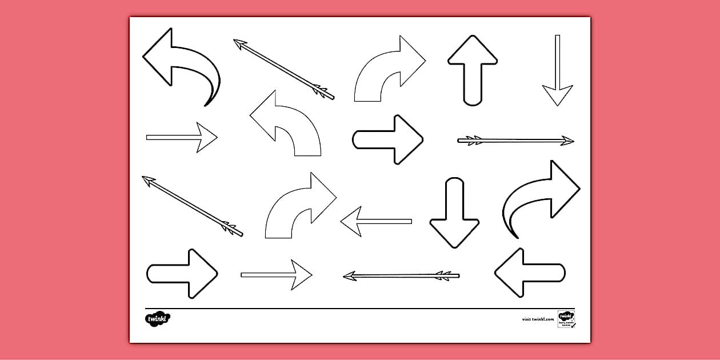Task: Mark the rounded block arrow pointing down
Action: [x=454, y=214]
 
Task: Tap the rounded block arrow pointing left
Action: [x=529, y=273]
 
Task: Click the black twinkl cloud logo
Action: [x=158, y=318]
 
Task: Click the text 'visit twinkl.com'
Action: [x=538, y=319]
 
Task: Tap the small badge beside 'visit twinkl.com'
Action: [x=566, y=319]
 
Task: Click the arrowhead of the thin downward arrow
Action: [x=557, y=94]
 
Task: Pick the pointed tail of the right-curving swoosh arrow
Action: [x=515, y=235]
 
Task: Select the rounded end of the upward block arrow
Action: [x=473, y=101]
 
